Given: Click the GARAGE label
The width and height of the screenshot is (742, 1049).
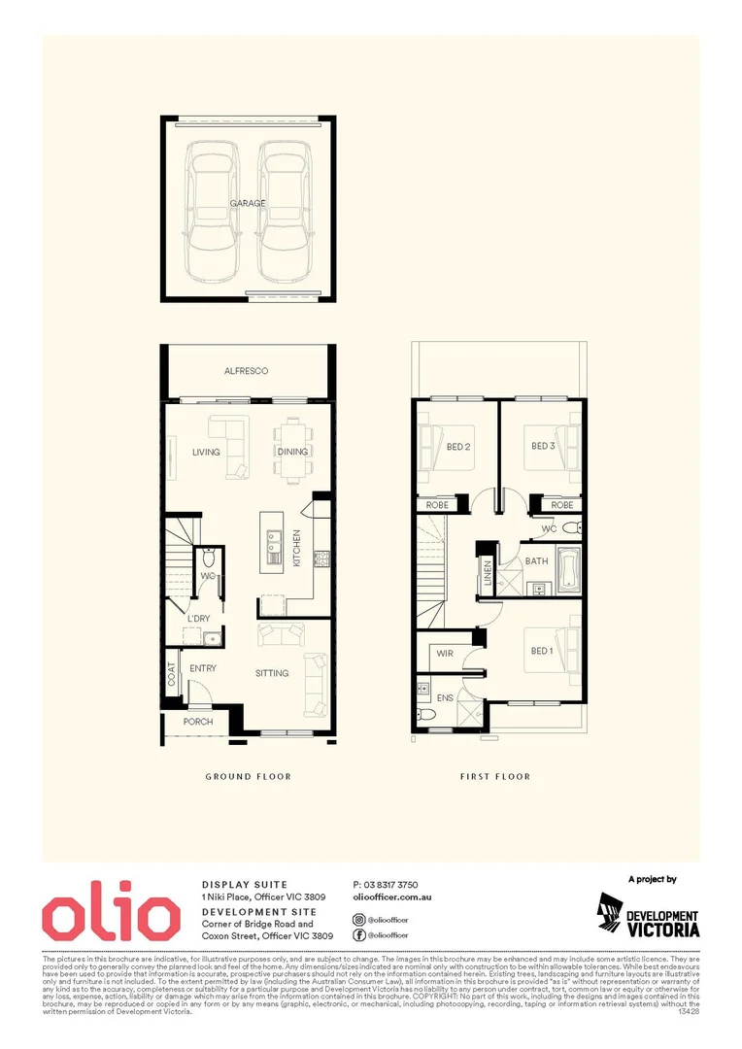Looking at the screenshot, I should tap(248, 204).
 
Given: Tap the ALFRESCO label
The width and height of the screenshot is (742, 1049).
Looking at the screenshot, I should tap(246, 371).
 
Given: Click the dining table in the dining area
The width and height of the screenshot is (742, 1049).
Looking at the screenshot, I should tap(292, 450).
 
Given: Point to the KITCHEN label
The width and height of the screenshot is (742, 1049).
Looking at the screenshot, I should tap(297, 549).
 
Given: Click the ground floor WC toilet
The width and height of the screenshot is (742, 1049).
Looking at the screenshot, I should tap(207, 559).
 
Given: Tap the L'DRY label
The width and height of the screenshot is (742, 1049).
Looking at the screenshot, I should tap(198, 619).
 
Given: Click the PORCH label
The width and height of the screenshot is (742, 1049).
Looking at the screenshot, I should tap(198, 722).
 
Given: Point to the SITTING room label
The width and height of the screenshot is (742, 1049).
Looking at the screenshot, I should tap(272, 672).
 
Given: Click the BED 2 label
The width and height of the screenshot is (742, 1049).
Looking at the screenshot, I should tap(459, 447).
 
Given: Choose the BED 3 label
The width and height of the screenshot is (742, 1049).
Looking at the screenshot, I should tap(543, 447).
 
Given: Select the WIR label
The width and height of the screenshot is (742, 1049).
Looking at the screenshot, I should tap(446, 654).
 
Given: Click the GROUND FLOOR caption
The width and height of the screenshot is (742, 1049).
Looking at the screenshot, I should tap(248, 776).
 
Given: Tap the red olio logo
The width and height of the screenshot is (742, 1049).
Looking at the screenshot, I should tap(110, 914).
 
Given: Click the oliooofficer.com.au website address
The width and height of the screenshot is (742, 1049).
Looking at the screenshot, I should tap(393, 900).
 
